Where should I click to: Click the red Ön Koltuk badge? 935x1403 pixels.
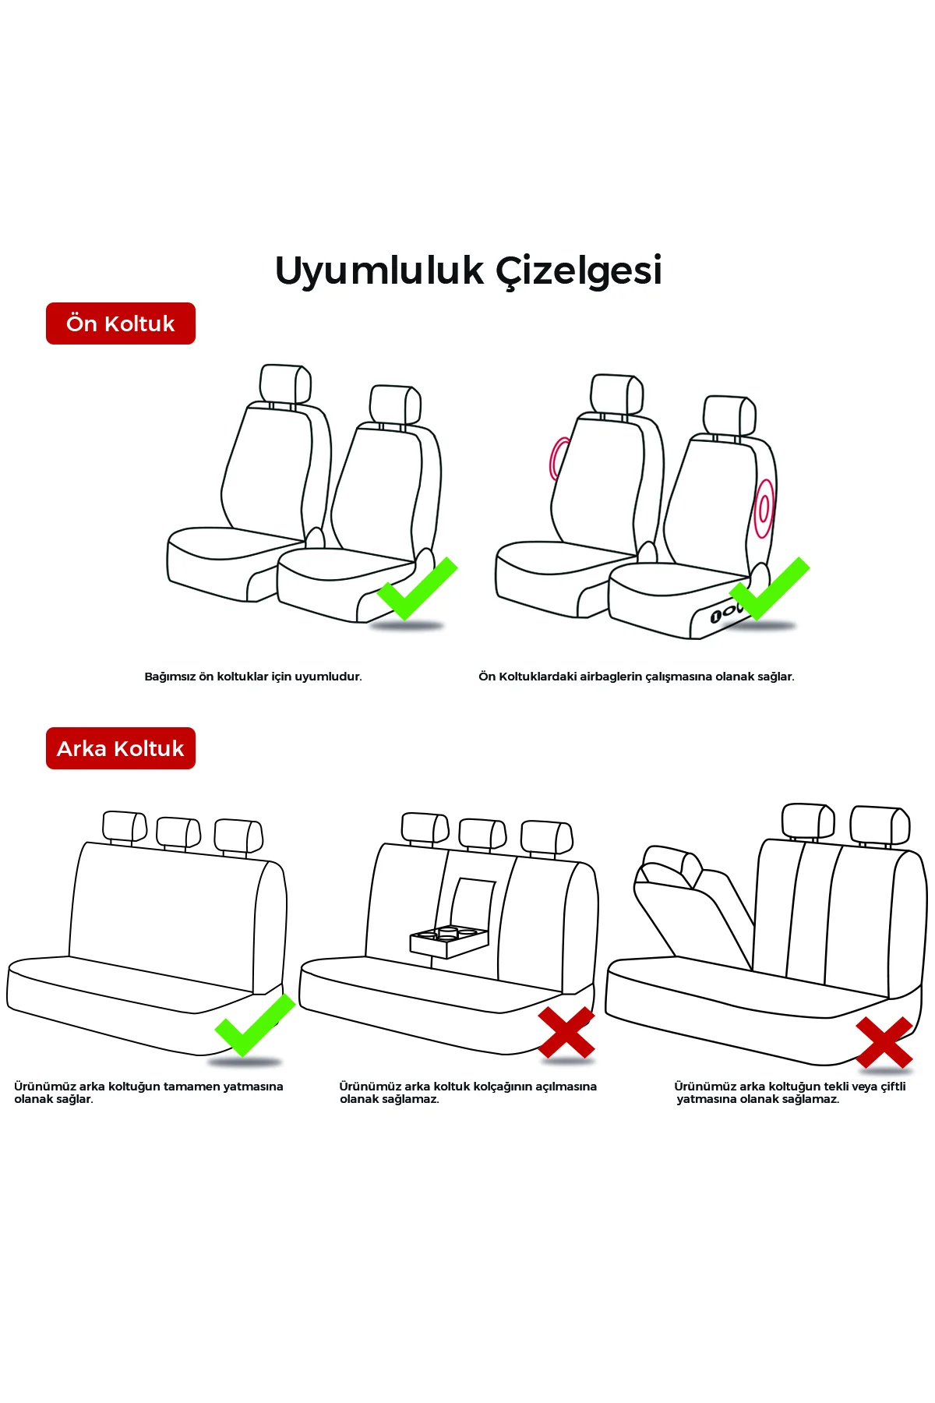click(x=121, y=323)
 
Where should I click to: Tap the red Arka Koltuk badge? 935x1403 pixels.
click(x=121, y=748)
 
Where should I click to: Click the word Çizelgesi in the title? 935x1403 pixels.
click(x=579, y=271)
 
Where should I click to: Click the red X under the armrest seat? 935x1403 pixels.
click(x=566, y=1032)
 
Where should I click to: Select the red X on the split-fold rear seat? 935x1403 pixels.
click(x=884, y=1042)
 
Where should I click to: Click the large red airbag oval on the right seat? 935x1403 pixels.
click(x=764, y=508)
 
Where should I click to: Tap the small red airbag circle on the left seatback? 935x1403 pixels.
click(x=558, y=458)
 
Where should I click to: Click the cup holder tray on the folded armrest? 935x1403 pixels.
click(x=448, y=940)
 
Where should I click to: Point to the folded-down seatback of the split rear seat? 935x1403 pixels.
click(x=693, y=912)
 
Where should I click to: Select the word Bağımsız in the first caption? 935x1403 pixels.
click(x=170, y=677)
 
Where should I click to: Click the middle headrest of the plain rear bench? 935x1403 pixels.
click(x=178, y=832)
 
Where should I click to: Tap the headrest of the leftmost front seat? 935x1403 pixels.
click(x=284, y=383)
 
